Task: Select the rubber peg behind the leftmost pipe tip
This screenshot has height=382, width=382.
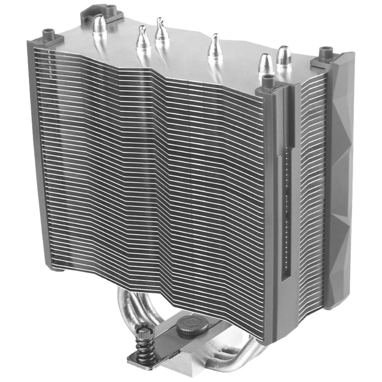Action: [x=108, y=9]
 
